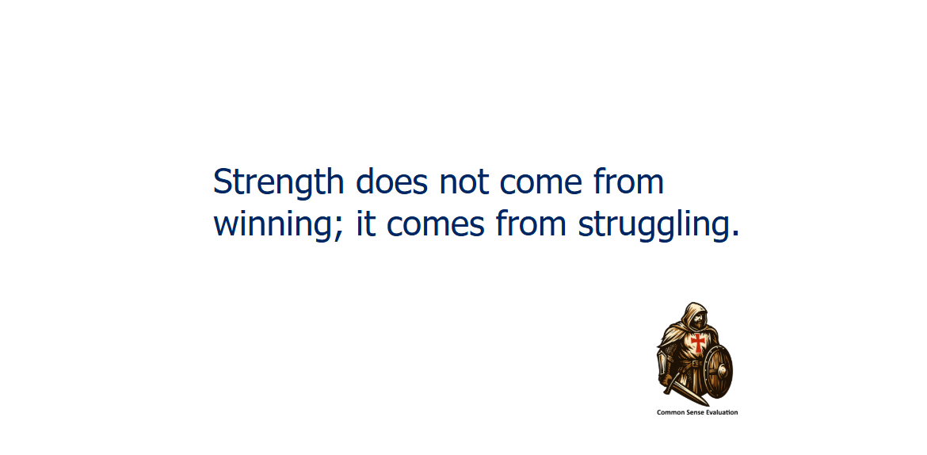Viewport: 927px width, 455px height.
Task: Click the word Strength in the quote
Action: pyautogui.click(x=278, y=183)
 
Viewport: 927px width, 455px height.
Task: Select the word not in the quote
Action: pyautogui.click(x=464, y=183)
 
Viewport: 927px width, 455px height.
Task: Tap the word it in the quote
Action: pyautogui.click(x=366, y=224)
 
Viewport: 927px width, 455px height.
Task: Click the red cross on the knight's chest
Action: pyautogui.click(x=698, y=342)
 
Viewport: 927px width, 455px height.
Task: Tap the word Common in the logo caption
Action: pyautogui.click(x=669, y=412)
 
